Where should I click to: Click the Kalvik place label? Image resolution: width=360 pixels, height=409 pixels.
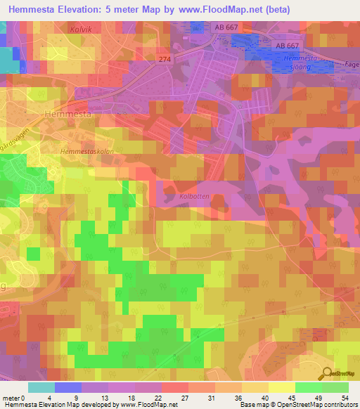(x=82, y=30)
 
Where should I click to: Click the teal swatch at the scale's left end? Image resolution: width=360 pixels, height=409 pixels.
(x=41, y=387)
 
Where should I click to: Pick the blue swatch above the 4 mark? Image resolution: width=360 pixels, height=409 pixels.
(x=68, y=387)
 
